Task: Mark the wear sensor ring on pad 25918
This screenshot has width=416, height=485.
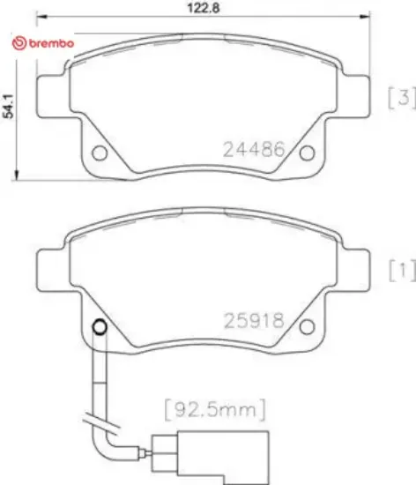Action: coord(100,329)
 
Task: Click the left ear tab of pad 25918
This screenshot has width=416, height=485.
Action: coord(50,261)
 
